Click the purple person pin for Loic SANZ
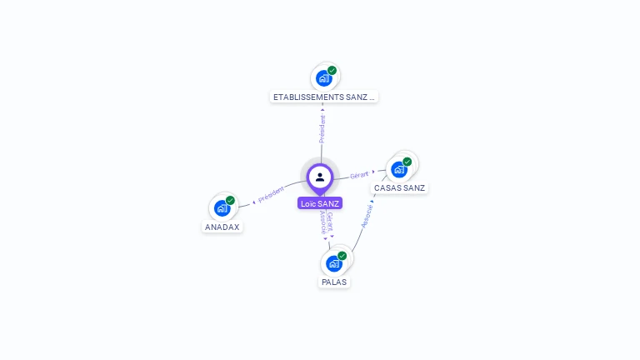(320, 177)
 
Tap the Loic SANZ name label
(320, 203)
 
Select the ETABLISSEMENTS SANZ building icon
(322, 79)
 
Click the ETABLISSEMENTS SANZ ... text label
(324, 97)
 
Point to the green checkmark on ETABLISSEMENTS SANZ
(332, 71)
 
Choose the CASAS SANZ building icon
(398, 169)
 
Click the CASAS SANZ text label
(400, 188)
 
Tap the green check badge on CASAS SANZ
(407, 162)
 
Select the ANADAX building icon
(222, 208)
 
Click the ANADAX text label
(222, 227)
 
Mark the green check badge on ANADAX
(230, 201)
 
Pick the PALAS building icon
(333, 263)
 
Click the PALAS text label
(334, 282)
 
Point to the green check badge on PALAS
(342, 256)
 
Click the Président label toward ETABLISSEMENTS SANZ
(322, 128)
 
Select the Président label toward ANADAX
(272, 194)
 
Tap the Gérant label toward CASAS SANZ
(359, 175)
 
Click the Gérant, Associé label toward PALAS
(327, 223)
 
